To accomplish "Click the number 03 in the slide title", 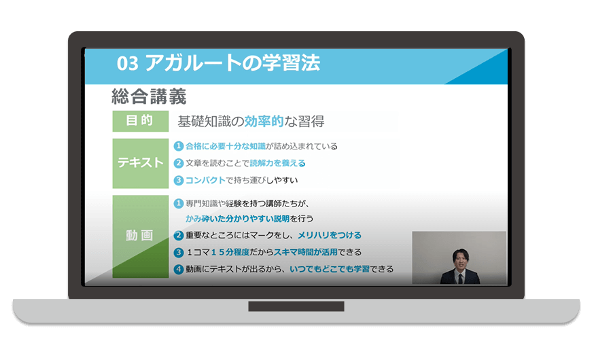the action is [128, 63].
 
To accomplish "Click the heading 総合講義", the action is [149, 96].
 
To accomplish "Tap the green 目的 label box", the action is [141, 121].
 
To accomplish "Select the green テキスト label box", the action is [141, 163].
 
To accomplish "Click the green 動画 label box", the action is [141, 236].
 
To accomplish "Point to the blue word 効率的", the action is [264, 121].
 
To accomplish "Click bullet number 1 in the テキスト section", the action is [179, 146].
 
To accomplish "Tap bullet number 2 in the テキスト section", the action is [179, 163].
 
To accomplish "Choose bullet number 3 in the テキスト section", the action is [179, 180].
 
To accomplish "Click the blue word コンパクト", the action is [205, 180].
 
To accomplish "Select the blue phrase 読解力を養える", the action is [278, 163].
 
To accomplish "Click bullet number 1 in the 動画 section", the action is [179, 204].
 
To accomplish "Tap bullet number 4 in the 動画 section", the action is [179, 269].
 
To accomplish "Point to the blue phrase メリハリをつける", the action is [330, 235].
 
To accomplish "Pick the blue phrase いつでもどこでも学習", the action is [330, 269].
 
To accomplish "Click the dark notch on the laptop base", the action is [296, 306].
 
